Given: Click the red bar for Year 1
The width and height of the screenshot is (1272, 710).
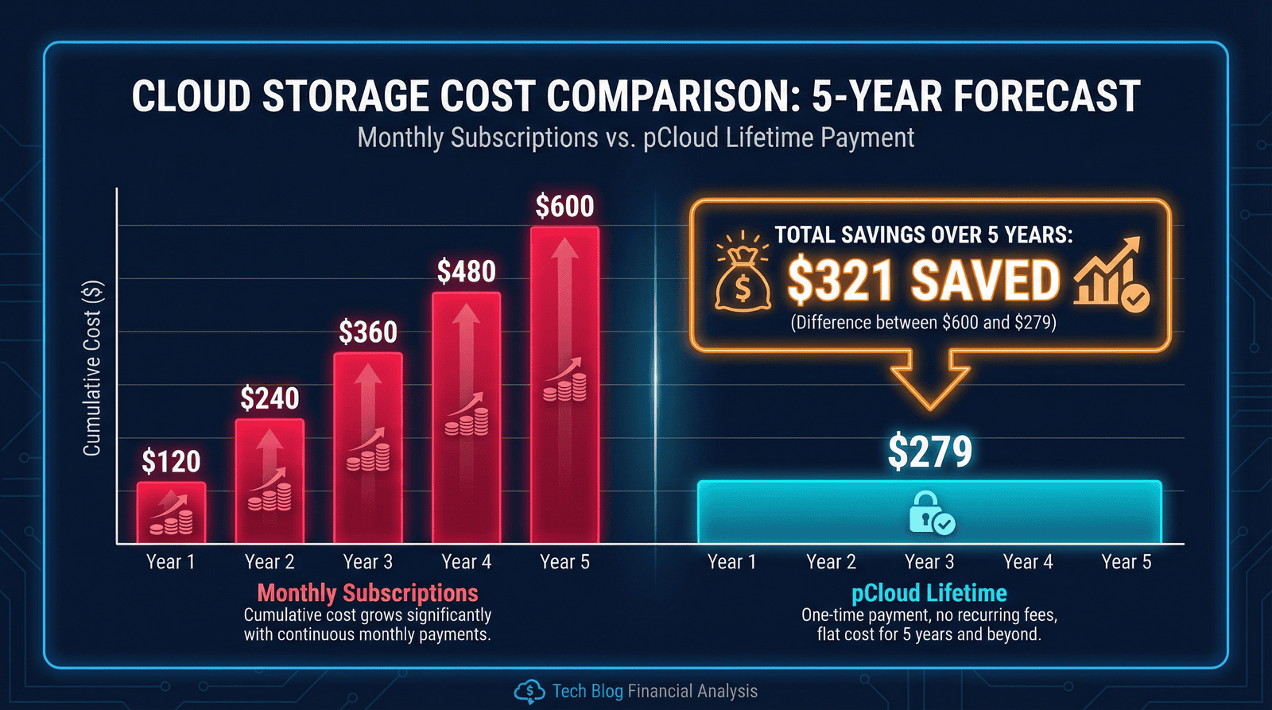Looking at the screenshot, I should (171, 512).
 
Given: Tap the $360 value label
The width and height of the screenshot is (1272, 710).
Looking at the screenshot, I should (368, 332).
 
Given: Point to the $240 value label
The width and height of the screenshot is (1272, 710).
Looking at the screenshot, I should (270, 398).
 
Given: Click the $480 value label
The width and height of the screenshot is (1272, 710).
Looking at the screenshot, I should (467, 272).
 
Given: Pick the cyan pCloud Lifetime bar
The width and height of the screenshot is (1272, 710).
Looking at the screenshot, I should (929, 512).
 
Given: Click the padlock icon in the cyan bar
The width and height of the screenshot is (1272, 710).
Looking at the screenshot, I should (930, 513).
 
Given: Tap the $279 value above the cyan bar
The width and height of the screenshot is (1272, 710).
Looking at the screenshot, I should (929, 452).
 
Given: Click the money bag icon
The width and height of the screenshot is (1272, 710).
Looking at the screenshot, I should (742, 278).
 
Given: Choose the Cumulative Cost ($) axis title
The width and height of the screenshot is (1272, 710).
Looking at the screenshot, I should (92, 368).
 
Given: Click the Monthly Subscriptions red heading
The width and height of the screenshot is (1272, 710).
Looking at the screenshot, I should (367, 593).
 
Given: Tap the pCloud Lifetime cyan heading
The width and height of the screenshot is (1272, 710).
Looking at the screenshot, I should (929, 593).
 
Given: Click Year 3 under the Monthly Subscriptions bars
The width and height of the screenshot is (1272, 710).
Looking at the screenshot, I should (368, 562).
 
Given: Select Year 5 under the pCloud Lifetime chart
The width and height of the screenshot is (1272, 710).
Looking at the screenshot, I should (1126, 562).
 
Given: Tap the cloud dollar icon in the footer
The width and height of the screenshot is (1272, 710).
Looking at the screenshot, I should (529, 692).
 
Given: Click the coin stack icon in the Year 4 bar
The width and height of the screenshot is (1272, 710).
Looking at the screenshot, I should (467, 421).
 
